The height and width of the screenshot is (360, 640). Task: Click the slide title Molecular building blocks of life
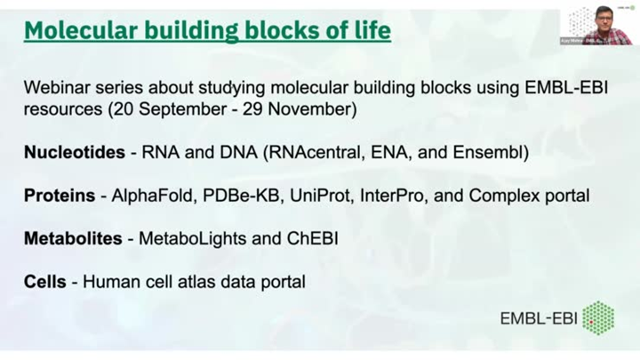coord(207,31)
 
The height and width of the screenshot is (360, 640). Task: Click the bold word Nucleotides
coord(75,152)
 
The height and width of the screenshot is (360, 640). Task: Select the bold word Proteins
coord(59,196)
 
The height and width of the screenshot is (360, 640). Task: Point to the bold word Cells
coord(44,282)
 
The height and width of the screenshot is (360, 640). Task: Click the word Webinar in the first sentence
coord(56,88)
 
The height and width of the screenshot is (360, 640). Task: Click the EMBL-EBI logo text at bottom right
coord(539,318)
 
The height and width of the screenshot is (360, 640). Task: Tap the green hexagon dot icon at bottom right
coord(598,317)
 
